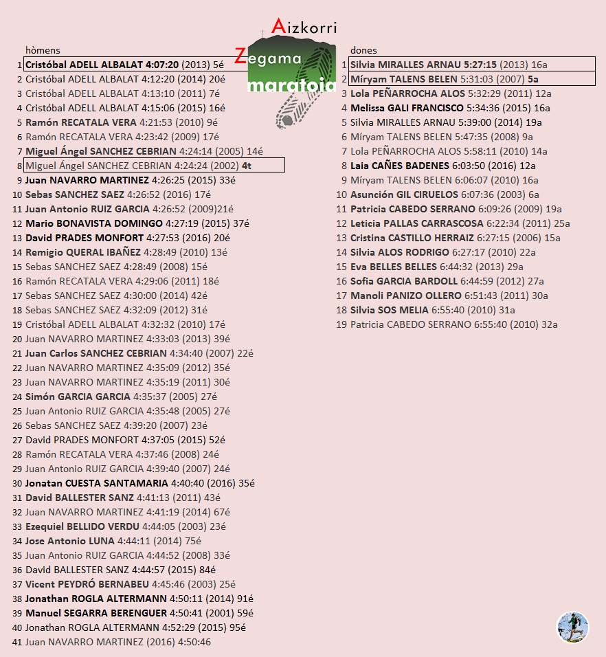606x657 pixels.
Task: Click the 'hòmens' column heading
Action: (43, 50)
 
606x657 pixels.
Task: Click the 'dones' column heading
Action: (363, 50)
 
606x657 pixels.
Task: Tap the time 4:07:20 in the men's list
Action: (161, 65)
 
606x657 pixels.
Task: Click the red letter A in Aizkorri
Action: (278, 26)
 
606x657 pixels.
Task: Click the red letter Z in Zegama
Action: (240, 56)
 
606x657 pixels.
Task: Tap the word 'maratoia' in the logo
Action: (292, 86)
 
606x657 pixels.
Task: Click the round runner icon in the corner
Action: (572, 627)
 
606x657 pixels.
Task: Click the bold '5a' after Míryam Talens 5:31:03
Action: (532, 79)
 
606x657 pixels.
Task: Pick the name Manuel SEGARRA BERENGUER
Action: (96, 613)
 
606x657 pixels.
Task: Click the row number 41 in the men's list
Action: (16, 642)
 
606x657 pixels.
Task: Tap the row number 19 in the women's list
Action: (341, 324)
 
